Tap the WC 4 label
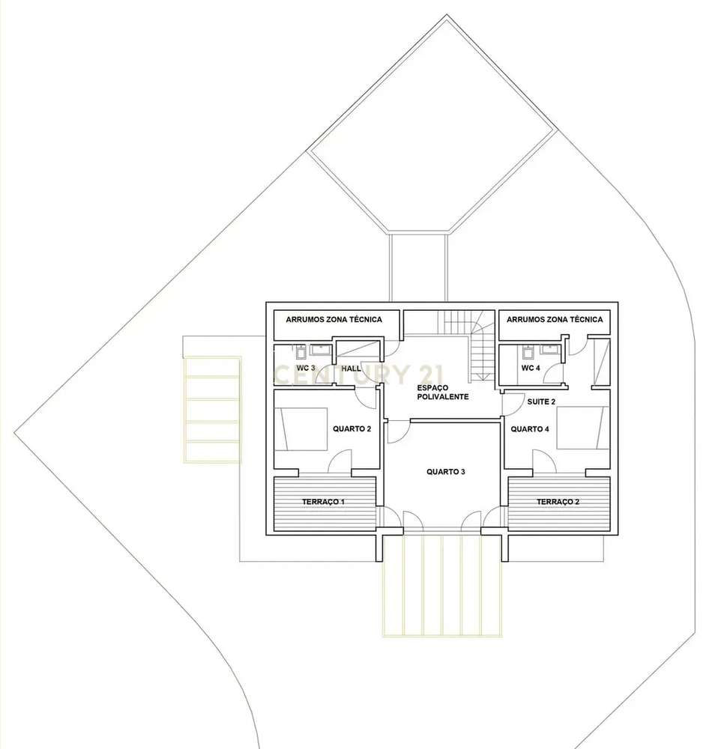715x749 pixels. point(531,369)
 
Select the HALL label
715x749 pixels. point(351,369)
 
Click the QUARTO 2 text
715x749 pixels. point(352,429)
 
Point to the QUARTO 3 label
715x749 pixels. point(446,472)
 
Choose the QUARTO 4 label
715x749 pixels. point(530,429)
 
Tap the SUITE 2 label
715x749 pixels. point(541,402)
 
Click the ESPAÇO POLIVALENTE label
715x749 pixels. point(444,392)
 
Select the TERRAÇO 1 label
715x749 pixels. point(324,502)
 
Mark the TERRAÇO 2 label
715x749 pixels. point(558,502)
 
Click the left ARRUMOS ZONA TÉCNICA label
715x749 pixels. point(334,320)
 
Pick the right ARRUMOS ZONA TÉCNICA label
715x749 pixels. point(555,320)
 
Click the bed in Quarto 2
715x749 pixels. point(302,428)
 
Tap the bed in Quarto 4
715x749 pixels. point(581,428)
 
